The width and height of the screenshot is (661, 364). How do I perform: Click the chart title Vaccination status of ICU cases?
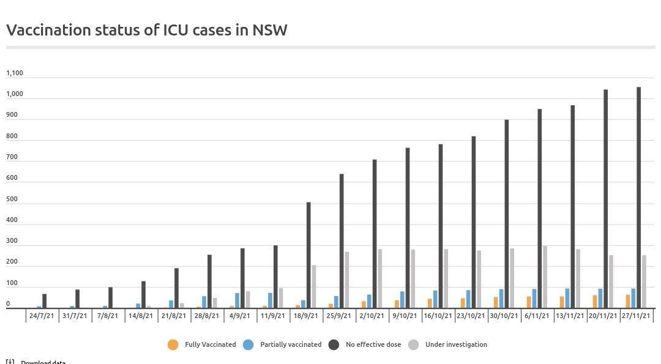[146, 30]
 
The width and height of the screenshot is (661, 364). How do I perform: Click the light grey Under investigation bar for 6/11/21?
[545, 277]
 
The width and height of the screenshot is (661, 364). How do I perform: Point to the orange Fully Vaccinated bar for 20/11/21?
[595, 302]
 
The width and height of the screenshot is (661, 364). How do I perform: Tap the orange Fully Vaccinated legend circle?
[173, 345]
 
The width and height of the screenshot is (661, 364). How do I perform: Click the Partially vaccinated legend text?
[291, 345]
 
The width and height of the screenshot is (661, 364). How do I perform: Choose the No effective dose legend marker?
[334, 345]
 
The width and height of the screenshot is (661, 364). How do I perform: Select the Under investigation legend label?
[456, 345]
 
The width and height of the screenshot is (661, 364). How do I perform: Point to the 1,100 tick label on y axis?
[15, 73]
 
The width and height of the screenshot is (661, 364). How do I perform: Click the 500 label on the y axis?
[11, 199]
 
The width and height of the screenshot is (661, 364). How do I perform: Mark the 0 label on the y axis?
[8, 304]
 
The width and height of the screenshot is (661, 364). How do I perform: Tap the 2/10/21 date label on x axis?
[372, 316]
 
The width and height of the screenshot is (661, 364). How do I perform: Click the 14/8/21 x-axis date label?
[140, 316]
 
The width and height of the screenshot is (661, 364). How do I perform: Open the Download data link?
[43, 362]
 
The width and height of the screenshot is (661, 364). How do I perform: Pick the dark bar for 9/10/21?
[408, 228]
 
